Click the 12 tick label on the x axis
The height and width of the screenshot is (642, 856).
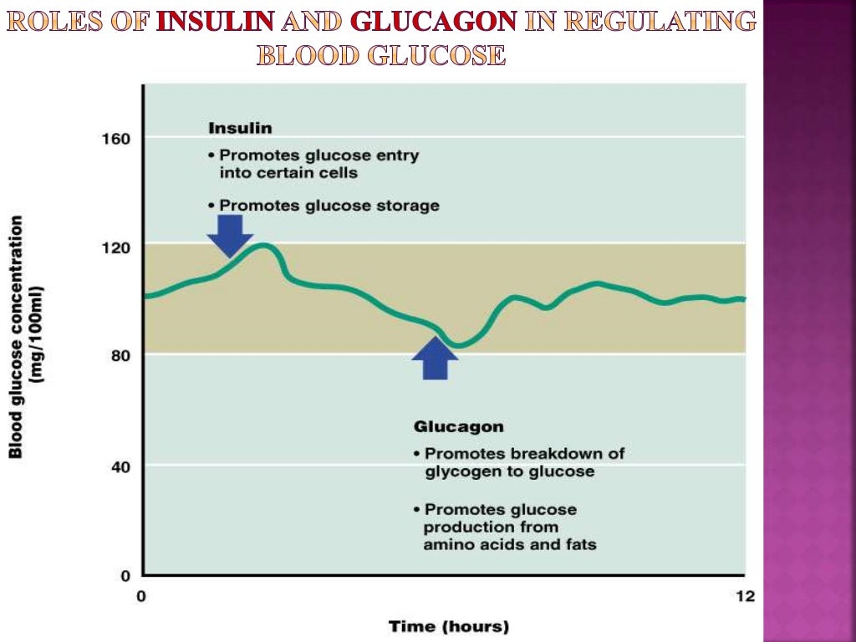click(x=744, y=596)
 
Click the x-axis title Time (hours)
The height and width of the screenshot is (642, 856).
click(x=449, y=625)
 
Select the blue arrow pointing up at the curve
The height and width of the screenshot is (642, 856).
click(x=436, y=358)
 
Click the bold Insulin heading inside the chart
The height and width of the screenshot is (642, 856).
click(x=240, y=128)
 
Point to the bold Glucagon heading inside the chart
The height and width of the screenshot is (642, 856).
click(x=459, y=426)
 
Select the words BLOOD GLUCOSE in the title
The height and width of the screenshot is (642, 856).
click(x=380, y=55)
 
